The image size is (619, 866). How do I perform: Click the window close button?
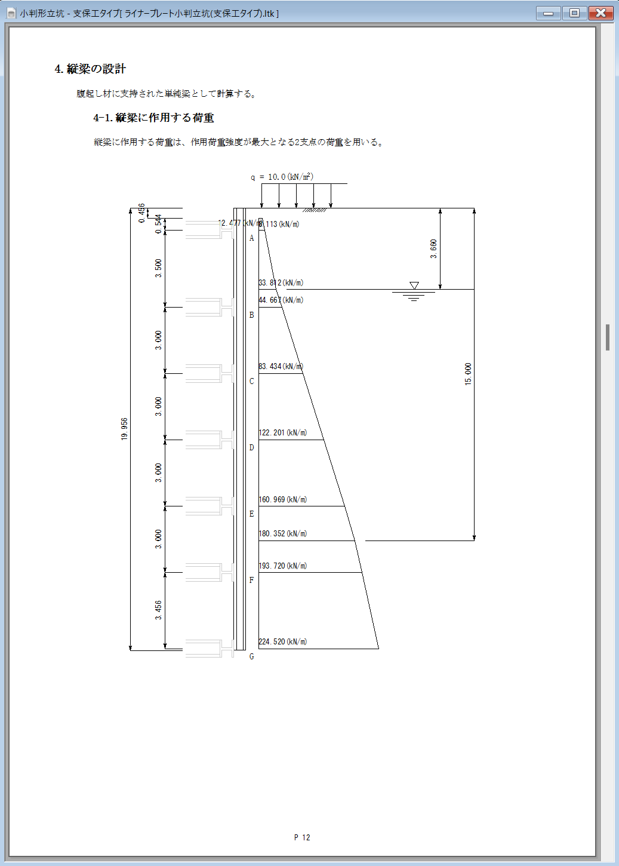(600, 13)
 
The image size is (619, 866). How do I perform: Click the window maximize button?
(574, 13)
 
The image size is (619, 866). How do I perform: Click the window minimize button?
(548, 13)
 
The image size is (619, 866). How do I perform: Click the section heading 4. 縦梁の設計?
(90, 69)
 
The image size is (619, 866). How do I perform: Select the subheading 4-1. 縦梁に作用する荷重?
(153, 118)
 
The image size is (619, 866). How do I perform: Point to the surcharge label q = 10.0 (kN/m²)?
(282, 177)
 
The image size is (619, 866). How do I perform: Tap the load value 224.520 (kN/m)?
(283, 642)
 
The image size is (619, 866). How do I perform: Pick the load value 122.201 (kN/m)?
(283, 433)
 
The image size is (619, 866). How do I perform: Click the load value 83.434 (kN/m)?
(281, 367)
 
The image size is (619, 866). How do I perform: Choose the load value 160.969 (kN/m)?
(283, 500)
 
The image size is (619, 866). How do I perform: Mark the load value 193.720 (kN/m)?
(283, 566)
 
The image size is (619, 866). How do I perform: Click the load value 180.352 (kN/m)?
(283, 534)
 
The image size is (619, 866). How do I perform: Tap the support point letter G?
(251, 656)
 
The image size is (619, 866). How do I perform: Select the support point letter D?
(251, 448)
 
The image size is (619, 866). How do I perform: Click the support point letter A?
(251, 238)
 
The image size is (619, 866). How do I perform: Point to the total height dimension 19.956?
(124, 429)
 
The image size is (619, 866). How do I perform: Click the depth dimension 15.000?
(468, 374)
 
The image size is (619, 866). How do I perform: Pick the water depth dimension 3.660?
(433, 248)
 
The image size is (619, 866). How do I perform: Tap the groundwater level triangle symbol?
(414, 285)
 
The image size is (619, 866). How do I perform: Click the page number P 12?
(302, 837)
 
